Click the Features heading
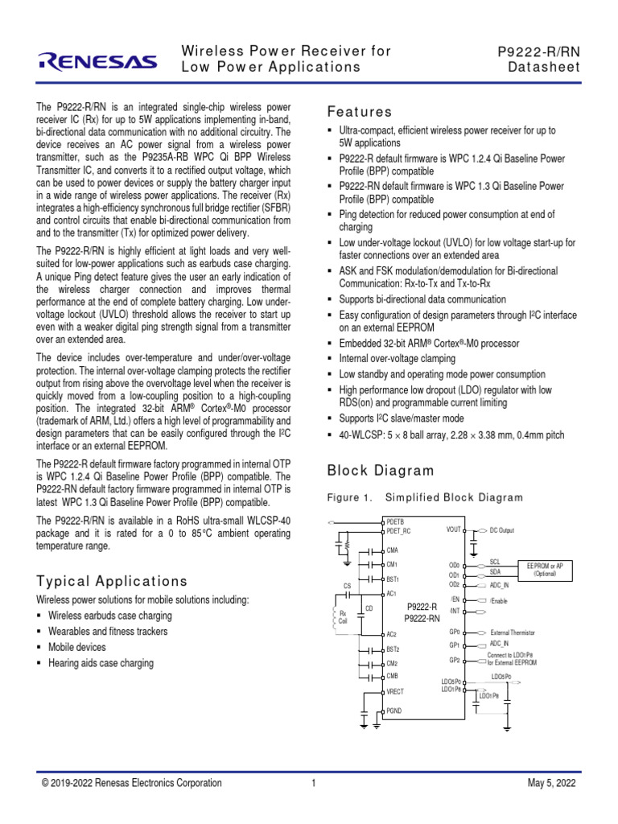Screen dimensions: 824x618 coord(360,112)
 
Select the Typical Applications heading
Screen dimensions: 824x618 coord(112,581)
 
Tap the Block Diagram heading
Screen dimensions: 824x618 coord(381,471)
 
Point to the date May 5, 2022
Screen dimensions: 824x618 coord(551,783)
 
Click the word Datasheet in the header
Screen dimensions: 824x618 coord(543,68)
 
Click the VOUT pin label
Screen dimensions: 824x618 coord(454,530)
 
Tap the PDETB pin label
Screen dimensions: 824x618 coord(397,522)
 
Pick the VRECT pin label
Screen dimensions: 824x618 coord(396,691)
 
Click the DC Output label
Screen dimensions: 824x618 coord(501,531)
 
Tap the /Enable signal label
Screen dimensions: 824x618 coord(500,601)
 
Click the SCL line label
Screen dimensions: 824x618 coord(495,562)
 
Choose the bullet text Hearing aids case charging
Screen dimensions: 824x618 coord(101,664)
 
